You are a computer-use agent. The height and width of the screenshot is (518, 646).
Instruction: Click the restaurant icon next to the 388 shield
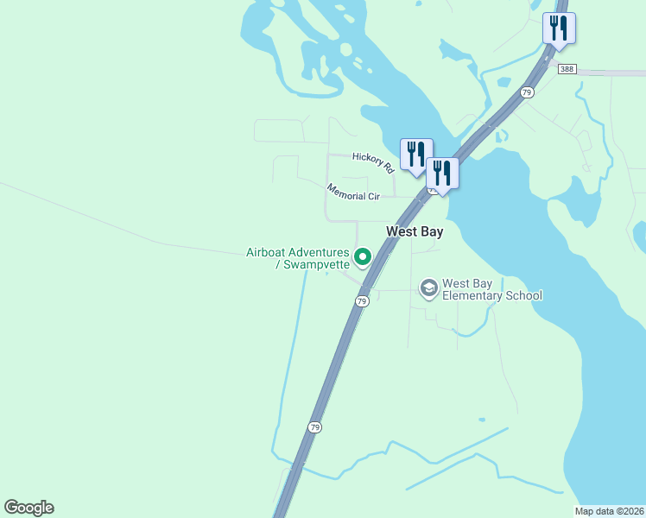pos(559,28)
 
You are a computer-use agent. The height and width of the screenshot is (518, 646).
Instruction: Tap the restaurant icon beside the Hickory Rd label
pos(415,154)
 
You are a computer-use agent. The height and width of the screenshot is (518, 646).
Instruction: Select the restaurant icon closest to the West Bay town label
pos(441,173)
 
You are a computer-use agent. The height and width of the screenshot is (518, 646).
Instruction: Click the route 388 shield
pos(567,70)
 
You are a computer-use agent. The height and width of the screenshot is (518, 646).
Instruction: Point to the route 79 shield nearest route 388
pos(526,92)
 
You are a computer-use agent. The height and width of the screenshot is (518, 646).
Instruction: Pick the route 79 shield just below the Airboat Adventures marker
pos(362,300)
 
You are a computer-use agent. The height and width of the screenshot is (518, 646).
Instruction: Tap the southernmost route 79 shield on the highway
pos(315,427)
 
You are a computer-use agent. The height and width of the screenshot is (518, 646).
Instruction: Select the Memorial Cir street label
pos(353,191)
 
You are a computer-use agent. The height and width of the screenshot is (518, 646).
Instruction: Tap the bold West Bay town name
pos(415,231)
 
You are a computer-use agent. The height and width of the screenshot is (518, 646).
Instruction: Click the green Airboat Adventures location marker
pos(364,256)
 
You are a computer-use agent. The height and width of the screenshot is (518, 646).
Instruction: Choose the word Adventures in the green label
pos(320,252)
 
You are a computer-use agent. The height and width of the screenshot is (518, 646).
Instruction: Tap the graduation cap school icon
pos(428,287)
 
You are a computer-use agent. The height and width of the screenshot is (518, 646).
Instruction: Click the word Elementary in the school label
pos(477,295)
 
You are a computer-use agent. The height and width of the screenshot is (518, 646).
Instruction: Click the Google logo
pos(28,508)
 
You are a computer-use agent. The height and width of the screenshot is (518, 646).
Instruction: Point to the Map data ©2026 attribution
pos(609,511)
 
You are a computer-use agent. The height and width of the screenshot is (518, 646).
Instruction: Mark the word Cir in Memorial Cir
pos(374,196)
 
